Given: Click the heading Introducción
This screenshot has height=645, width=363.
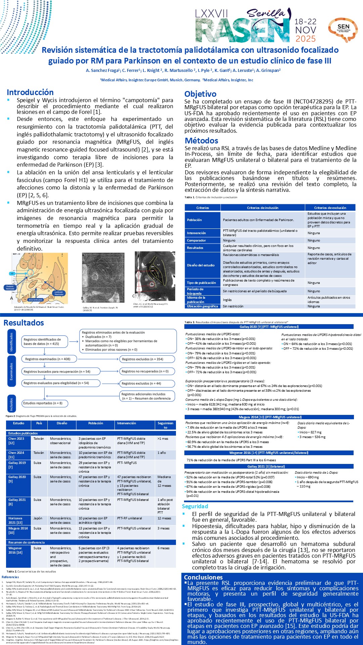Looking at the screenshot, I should click(x=30, y=92).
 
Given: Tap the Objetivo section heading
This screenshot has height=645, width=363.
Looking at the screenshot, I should click(x=200, y=94).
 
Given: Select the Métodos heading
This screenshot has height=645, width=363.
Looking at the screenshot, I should click(x=201, y=141).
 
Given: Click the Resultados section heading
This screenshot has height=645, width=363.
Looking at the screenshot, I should click(x=24, y=323).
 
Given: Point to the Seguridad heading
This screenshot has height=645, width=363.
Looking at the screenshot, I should click(x=195, y=506).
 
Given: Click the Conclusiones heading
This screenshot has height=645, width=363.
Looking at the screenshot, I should click(x=203, y=577).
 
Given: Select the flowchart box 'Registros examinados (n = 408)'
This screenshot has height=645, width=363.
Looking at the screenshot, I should click(x=48, y=359).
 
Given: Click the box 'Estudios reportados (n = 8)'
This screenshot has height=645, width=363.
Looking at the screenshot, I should click(x=43, y=403).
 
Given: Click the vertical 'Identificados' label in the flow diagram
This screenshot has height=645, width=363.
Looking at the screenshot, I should click(x=11, y=342).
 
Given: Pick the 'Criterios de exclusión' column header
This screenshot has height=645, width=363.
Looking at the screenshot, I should click(x=330, y=208).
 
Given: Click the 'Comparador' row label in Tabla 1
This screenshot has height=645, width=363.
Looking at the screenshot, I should click(x=196, y=241).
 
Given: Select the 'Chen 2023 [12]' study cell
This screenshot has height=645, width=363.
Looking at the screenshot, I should click(x=16, y=441).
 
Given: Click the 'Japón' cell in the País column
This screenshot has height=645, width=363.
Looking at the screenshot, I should click(x=38, y=518).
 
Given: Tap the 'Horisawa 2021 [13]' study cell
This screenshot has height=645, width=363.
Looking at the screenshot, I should click(x=16, y=520).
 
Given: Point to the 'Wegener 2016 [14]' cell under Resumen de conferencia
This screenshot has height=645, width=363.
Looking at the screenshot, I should click(x=15, y=550).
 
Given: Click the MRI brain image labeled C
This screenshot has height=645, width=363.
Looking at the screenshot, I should click(x=155, y=276).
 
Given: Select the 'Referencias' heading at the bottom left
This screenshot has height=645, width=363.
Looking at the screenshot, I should click(x=10, y=577).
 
